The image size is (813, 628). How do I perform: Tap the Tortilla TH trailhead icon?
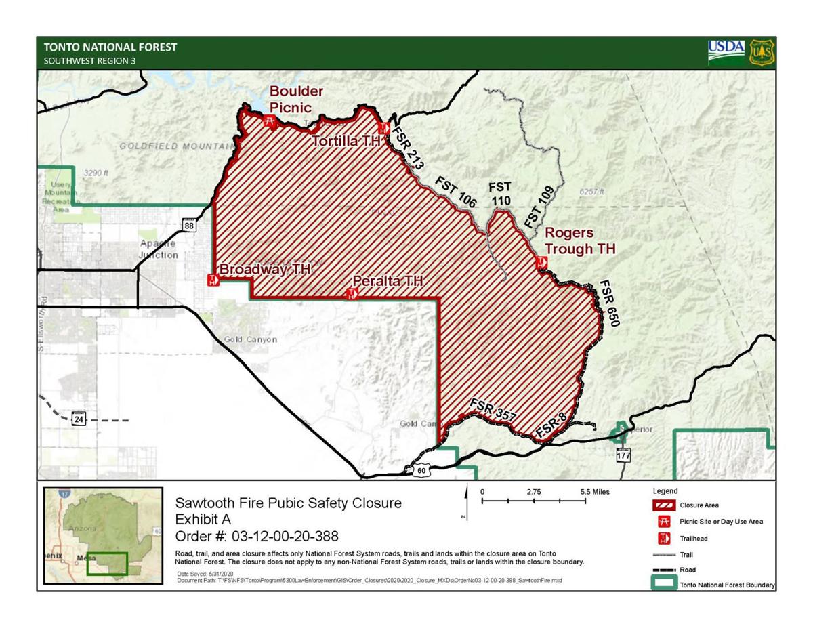click(383, 129)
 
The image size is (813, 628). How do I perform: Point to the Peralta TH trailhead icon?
click(351, 293)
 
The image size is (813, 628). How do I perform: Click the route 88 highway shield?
click(189, 225)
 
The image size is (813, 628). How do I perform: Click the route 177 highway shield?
click(623, 455)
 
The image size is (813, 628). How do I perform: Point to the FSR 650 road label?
click(609, 303)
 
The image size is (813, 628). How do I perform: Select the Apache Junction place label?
click(159, 249)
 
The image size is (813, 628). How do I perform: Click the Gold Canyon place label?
click(250, 339)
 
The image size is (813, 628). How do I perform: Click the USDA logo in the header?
click(726, 52)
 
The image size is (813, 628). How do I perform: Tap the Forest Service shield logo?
click(762, 53)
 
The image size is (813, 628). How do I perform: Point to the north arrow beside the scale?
click(466, 502)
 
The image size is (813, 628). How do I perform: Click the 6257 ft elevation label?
click(591, 192)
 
